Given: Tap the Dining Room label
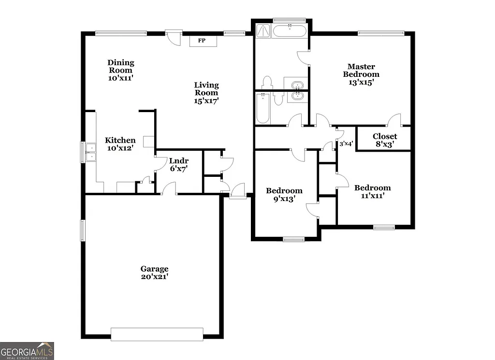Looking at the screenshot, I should point(121,66).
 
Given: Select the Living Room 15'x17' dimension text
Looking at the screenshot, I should point(206,101).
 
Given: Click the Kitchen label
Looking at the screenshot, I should point(120,140).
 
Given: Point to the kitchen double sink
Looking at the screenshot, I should point(89,151).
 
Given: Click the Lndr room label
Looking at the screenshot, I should point(178,161).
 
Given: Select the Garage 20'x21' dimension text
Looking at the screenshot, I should point(154,277).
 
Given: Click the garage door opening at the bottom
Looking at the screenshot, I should point(157,334).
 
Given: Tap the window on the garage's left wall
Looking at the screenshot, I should point(83,230).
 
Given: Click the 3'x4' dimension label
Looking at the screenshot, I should point(346,144).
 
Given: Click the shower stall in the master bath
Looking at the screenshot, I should point(263,30).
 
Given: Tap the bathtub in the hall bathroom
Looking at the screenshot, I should point(263,108).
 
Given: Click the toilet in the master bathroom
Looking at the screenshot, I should point(267,82).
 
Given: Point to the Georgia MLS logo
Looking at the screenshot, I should point(27,350).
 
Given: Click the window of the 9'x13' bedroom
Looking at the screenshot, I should point(293,239).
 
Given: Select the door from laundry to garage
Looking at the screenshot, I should point(169,189).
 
